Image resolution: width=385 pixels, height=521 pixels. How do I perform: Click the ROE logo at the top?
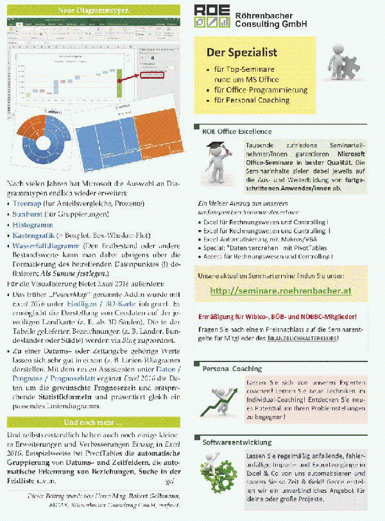click(212, 17)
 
